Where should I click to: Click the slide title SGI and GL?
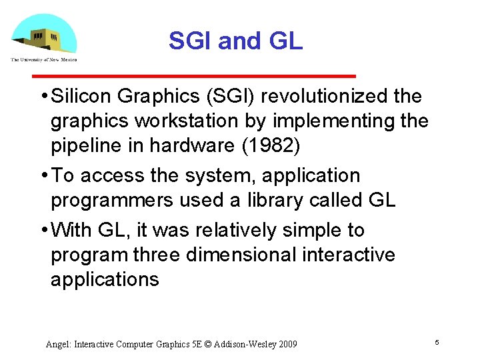pos(235,41)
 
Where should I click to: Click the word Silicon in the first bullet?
pos(81,97)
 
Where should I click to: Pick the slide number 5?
pos(437,342)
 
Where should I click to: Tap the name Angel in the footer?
pos(57,345)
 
